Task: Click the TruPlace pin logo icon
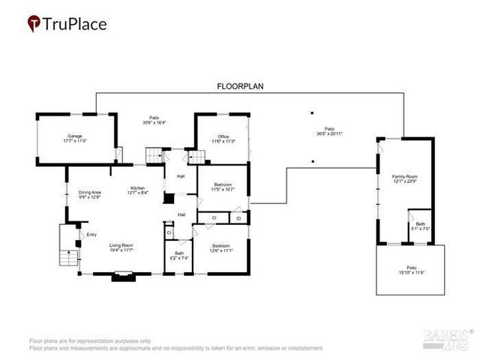tap(34, 24)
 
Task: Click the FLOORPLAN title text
tap(239, 87)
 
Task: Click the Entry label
tap(91, 235)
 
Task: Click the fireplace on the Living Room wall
tap(121, 277)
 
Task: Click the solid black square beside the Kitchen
tap(169, 199)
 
